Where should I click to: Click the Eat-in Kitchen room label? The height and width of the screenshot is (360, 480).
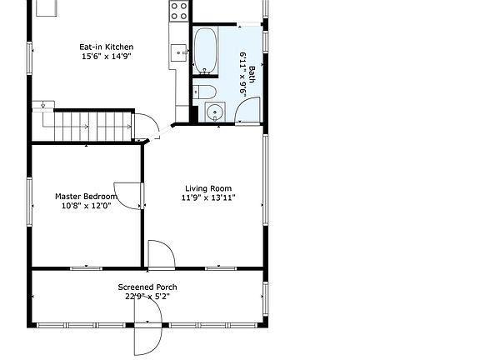tap(106, 47)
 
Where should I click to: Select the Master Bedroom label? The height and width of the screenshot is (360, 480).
tap(86, 196)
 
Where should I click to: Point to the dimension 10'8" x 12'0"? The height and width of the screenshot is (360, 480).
tap(86, 206)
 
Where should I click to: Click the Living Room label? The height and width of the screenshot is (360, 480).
tap(208, 188)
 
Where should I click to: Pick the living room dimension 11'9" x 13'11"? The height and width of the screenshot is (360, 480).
tap(208, 197)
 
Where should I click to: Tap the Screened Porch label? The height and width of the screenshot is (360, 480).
tap(147, 287)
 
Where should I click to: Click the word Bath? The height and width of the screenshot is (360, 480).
tap(252, 74)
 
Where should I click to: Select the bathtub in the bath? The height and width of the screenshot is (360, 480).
tap(205, 51)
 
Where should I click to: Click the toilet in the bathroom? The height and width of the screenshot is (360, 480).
tap(204, 92)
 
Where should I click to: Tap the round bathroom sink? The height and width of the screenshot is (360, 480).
tap(215, 112)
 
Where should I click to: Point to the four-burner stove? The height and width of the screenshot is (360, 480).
tap(179, 11)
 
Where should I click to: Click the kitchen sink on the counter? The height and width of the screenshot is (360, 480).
tap(179, 52)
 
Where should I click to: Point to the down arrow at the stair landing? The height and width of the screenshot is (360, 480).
tap(42, 105)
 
